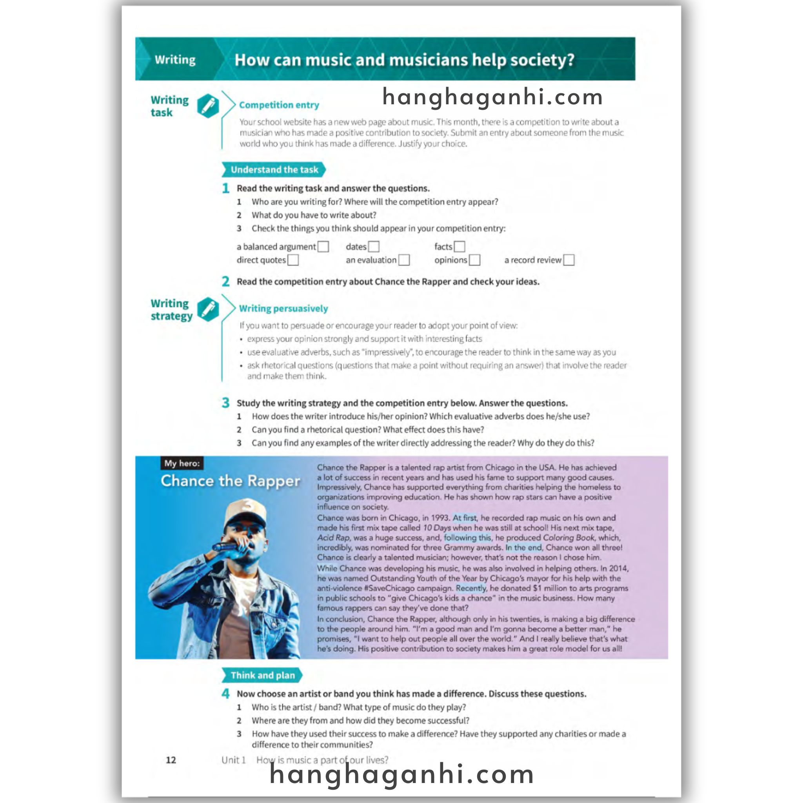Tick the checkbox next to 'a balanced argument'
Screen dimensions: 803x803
tap(323, 247)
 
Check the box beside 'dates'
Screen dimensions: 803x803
tap(374, 247)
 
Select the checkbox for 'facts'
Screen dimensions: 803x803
tap(459, 247)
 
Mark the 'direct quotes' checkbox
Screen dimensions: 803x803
tap(293, 260)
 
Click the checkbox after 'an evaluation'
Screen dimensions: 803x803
tap(404, 260)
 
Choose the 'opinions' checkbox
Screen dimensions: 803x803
tap(475, 260)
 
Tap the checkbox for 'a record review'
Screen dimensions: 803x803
tap(569, 260)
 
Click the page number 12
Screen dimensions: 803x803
tap(171, 760)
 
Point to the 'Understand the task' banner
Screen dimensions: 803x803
tap(274, 169)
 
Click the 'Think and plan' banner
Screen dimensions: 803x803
tap(262, 675)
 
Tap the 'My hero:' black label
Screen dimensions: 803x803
tap(182, 463)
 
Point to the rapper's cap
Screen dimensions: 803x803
tap(245, 512)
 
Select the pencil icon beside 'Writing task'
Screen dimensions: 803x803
tap(208, 105)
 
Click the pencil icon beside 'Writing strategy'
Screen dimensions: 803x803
tap(208, 309)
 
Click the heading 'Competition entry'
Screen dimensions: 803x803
tap(279, 105)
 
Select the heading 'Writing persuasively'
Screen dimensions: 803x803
tap(283, 309)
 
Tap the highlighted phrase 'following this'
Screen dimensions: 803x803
tap(467, 538)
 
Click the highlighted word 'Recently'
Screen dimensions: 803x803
tap(471, 588)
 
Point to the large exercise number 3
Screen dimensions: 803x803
tap(225, 402)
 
